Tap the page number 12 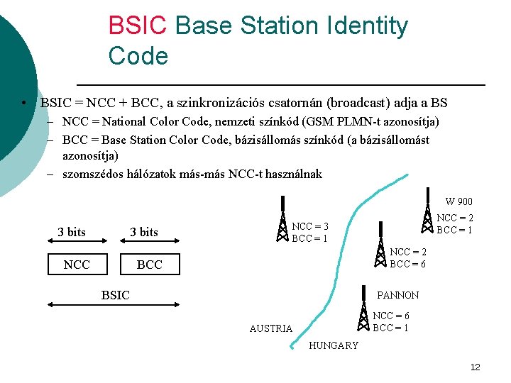pos(475,367)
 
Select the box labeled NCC pos(77,265)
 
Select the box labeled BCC pos(149,265)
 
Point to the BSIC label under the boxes pos(115,295)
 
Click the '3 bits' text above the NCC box pos(71,232)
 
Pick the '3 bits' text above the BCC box pos(143,232)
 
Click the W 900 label pos(458,202)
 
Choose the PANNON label pos(397,295)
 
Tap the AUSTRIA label pos(270,328)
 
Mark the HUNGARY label pos(334,345)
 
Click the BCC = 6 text pos(407,264)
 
